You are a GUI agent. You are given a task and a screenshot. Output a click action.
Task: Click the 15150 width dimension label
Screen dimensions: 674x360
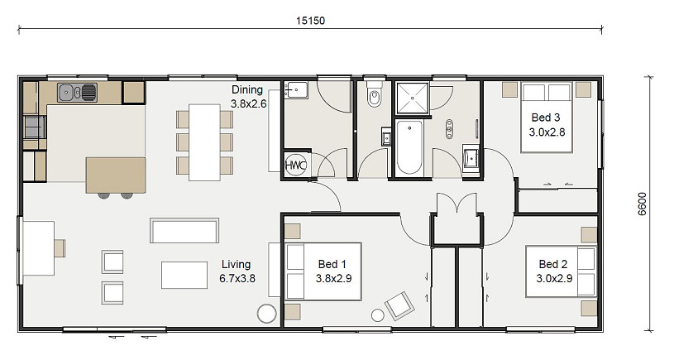tap(310, 21)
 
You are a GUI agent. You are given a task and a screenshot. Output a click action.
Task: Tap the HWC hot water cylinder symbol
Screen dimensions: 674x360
tap(296, 165)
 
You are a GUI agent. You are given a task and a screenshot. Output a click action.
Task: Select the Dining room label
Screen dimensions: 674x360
tap(247, 89)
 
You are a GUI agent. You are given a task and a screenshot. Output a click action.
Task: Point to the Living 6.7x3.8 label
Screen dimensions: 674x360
tap(237, 271)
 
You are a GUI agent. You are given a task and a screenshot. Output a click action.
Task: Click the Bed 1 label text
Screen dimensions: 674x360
tap(332, 264)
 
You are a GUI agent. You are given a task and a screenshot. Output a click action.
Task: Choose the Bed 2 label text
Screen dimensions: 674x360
tap(553, 264)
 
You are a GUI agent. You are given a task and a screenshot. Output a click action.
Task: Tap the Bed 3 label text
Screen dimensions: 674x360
tap(546, 118)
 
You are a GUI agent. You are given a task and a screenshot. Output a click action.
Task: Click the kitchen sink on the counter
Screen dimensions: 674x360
tap(78, 93)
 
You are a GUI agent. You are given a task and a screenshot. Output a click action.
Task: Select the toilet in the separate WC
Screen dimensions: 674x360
tap(375, 94)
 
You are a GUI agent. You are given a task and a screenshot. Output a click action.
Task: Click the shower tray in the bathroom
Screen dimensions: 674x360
tap(412, 98)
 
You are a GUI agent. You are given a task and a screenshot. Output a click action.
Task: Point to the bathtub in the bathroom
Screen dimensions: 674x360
tap(409, 147)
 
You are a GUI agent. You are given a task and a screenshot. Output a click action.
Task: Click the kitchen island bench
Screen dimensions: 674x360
tap(116, 175)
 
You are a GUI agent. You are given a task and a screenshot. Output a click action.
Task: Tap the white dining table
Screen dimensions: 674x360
tap(204, 142)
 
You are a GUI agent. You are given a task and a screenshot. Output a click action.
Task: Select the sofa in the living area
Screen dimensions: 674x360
tap(184, 231)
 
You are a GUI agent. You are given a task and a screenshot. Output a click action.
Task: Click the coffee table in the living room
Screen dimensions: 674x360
tap(184, 275)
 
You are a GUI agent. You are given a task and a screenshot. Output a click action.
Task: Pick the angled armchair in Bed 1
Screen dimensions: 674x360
tap(399, 306)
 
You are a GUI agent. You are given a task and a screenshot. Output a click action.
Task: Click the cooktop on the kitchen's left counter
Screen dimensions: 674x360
tap(35, 127)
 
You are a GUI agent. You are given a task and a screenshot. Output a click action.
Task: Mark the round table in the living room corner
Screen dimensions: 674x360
tap(266, 314)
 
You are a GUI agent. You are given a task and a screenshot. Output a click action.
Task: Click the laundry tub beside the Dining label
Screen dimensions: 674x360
tap(296, 90)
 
